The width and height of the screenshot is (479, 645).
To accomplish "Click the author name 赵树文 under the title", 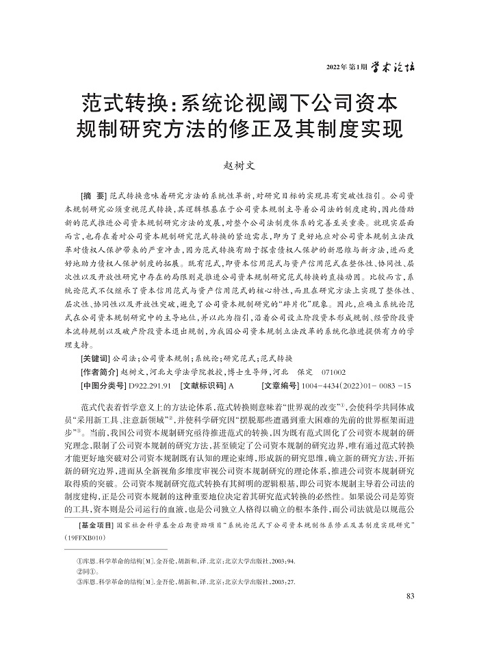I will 239,165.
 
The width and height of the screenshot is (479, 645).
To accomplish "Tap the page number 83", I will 411,596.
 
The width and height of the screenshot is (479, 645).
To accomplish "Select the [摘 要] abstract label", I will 93,196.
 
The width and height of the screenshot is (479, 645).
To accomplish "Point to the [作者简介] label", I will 99,371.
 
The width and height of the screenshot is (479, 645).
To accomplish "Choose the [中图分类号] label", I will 102,386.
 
